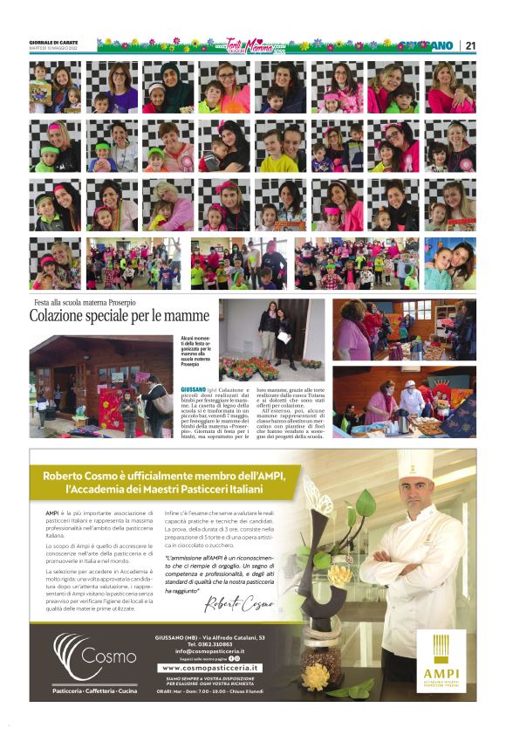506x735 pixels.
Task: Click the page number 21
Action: (x=469, y=45)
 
